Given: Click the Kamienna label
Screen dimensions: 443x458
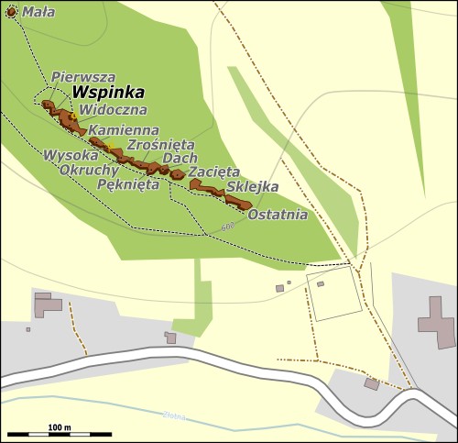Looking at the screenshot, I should coord(125,130).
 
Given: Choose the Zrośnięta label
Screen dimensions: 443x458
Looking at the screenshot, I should coord(160,144).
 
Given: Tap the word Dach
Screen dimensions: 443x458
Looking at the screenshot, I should coord(179,158).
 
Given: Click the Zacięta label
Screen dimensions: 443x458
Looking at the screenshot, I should coord(213,171).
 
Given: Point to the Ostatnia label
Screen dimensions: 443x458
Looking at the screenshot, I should coord(278,216).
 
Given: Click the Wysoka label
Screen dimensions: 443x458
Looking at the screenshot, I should coord(71,155).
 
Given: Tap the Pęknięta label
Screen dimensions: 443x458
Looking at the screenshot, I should coord(128,183).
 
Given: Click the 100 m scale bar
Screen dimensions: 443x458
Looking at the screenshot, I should coord(60,433).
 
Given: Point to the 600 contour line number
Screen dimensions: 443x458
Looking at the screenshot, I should coord(227,227).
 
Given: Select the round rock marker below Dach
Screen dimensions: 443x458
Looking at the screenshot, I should coord(177,174).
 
